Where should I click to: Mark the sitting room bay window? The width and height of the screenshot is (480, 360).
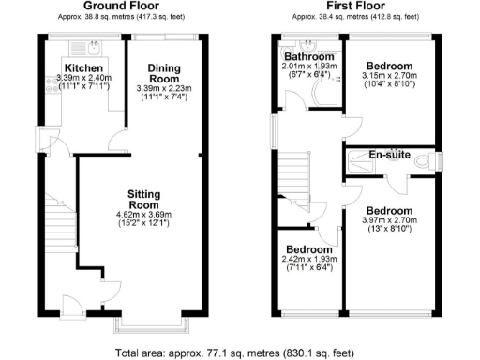[x=151, y=324]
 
